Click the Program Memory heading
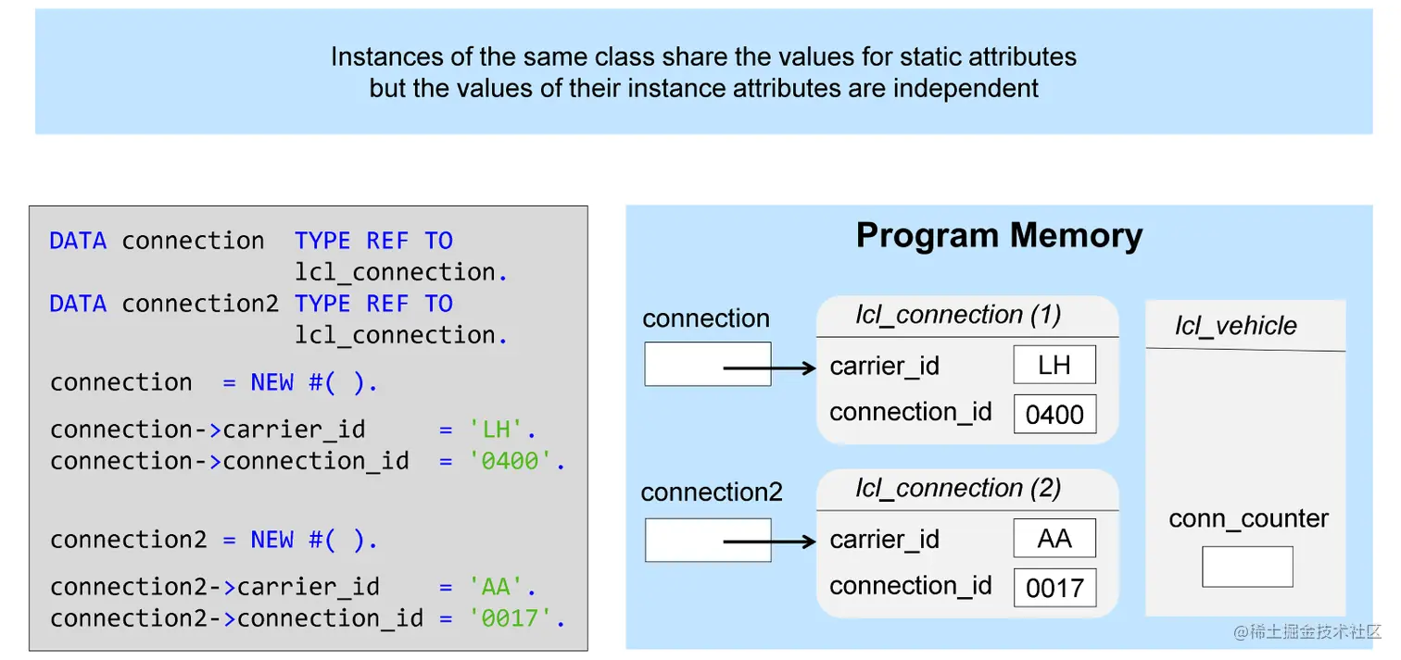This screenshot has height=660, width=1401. pyautogui.click(x=999, y=236)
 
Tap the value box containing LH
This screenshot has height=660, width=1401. pyautogui.click(x=1054, y=365)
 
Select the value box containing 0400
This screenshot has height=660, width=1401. pyautogui.click(x=1054, y=415)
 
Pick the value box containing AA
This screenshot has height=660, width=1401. pyautogui.click(x=1054, y=538)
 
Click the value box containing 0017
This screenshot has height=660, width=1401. pyautogui.click(x=1054, y=588)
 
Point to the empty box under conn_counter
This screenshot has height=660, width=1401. pyautogui.click(x=1247, y=567)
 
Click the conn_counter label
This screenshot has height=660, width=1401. pyautogui.click(x=1248, y=519)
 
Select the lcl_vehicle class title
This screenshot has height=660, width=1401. pyautogui.click(x=1236, y=326)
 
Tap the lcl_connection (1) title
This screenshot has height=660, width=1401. pyautogui.click(x=958, y=315)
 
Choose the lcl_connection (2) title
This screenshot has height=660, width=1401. pyautogui.click(x=958, y=488)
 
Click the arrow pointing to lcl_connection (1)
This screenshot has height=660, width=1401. pyautogui.click(x=768, y=368)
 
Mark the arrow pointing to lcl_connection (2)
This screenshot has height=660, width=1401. pyautogui.click(x=768, y=541)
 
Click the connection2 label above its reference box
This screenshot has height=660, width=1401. pyautogui.click(x=712, y=492)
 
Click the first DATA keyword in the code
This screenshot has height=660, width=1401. pyautogui.click(x=78, y=241)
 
